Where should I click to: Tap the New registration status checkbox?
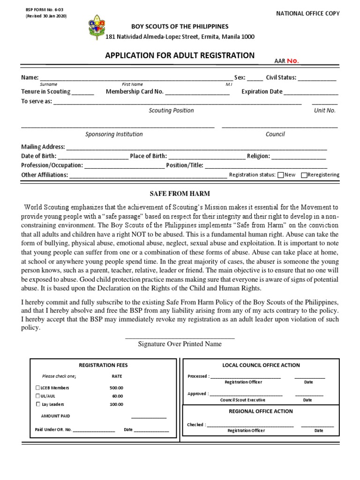[x=280, y=175]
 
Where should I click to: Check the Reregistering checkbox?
[x=304, y=175]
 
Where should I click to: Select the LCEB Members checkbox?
[x=37, y=388]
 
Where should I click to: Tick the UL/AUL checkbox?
[x=37, y=396]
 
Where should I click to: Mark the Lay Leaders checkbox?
[x=37, y=404]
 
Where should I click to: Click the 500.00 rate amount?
[x=116, y=388]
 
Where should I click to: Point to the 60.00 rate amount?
[x=117, y=396]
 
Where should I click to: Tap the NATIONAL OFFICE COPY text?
[x=308, y=14]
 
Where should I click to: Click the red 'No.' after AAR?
[x=292, y=60]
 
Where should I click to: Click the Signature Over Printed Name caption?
[x=180, y=344]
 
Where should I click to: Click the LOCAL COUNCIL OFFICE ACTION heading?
[x=261, y=365]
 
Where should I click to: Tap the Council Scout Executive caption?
[x=243, y=400]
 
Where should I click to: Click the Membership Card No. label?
[x=135, y=92]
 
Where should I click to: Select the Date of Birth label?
[x=39, y=156]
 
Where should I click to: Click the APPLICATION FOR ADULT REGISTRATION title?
[x=180, y=55]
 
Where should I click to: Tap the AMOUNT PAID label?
[x=56, y=416]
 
